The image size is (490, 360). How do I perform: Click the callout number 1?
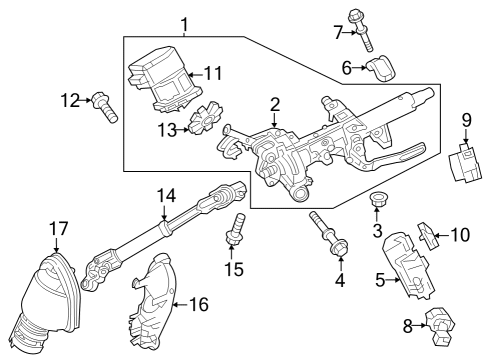(183, 23)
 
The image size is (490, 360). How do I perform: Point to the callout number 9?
(466, 120)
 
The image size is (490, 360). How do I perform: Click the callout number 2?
(273, 104)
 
